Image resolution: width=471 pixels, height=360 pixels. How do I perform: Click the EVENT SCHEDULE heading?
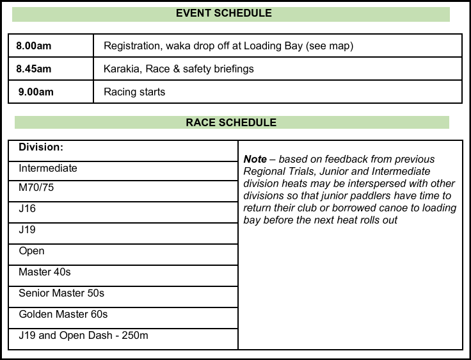[223, 13]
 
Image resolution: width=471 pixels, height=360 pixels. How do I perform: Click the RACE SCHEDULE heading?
[231, 122]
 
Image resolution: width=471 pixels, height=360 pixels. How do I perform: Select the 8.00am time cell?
[34, 46]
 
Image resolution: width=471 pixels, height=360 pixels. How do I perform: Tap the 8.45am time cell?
[34, 69]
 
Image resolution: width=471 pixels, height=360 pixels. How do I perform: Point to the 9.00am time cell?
[36, 92]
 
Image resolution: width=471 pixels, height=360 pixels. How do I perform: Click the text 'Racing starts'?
[134, 92]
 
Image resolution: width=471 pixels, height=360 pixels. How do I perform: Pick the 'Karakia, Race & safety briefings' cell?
[179, 69]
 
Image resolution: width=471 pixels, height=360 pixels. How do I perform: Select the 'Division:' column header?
[41, 147]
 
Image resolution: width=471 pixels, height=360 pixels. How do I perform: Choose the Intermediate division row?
[48, 168]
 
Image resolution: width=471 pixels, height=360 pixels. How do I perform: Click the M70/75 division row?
[36, 189]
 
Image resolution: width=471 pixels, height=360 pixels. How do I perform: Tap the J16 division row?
[28, 209]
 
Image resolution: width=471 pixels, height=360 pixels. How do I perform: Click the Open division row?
[31, 251]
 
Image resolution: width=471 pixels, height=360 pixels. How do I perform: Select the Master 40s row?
[45, 272]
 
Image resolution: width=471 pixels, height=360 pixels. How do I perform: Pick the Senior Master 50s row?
[61, 293]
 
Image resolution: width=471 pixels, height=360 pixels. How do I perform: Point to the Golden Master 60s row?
[63, 315]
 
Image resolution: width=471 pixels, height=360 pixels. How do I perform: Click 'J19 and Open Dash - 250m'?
[84, 335]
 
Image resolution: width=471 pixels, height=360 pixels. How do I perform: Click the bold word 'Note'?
[255, 160]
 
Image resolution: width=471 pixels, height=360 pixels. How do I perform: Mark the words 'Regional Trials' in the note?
[278, 172]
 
